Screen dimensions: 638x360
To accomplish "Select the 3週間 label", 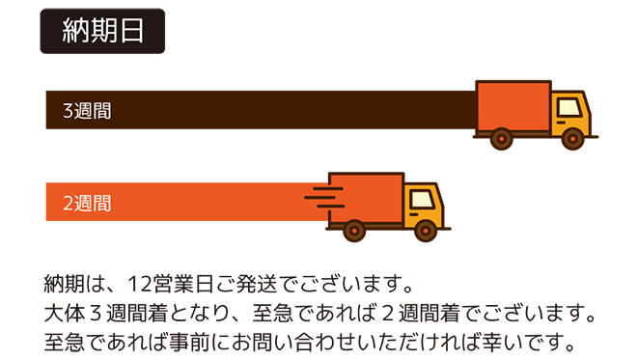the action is (87, 111).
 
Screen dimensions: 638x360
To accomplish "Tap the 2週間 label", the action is (87, 204).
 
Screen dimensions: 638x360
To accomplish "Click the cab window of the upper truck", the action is (570, 105).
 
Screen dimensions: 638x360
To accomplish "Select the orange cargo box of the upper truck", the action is (513, 106).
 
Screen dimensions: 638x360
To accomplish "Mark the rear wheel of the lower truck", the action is (354, 230).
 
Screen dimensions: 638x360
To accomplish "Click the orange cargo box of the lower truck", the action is (366, 198).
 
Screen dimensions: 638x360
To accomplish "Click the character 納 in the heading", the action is (73, 30).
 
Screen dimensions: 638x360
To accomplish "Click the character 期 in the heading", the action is (102, 30).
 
